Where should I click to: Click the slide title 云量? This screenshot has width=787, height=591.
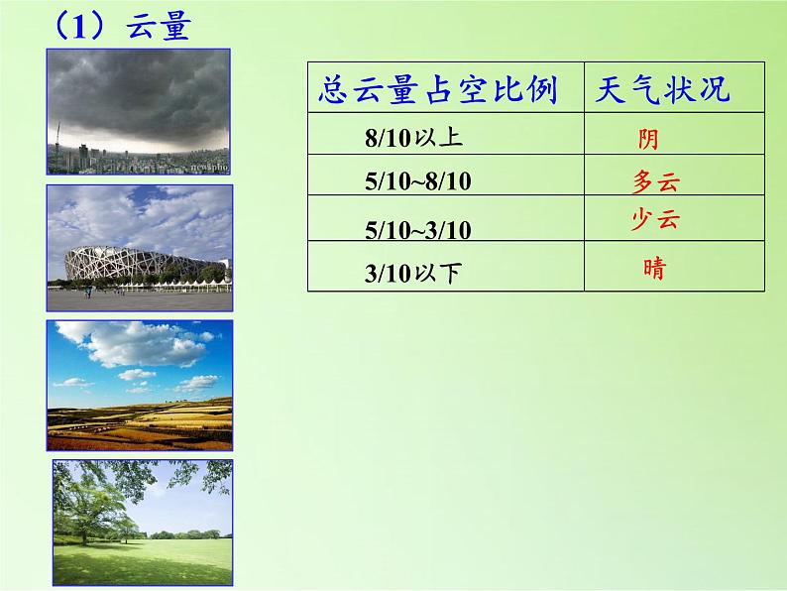(x=159, y=26)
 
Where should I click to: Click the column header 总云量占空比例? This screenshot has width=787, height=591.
(x=438, y=90)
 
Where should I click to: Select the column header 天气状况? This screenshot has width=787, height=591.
(x=662, y=89)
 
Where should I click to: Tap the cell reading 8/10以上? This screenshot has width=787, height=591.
(x=413, y=137)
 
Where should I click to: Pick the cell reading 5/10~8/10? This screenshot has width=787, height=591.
(x=418, y=180)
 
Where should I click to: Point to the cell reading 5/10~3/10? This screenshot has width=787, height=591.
(x=418, y=230)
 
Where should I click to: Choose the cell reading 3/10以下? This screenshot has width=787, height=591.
(x=412, y=273)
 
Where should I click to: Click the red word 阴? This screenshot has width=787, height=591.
(x=648, y=139)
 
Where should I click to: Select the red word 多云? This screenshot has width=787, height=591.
(x=656, y=181)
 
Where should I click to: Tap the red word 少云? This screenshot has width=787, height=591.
(x=655, y=219)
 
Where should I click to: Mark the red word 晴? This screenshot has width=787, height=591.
(x=654, y=268)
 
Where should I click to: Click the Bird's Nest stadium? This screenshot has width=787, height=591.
(x=146, y=263)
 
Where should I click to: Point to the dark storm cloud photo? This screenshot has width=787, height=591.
(x=139, y=111)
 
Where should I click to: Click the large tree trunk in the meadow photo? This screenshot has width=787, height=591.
(x=84, y=533)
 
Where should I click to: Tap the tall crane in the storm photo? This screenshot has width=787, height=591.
(x=57, y=135)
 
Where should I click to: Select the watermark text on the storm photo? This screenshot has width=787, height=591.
(x=209, y=167)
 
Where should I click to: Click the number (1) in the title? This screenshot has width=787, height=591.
(x=79, y=27)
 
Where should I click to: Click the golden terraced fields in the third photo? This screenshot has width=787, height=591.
(x=140, y=424)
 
